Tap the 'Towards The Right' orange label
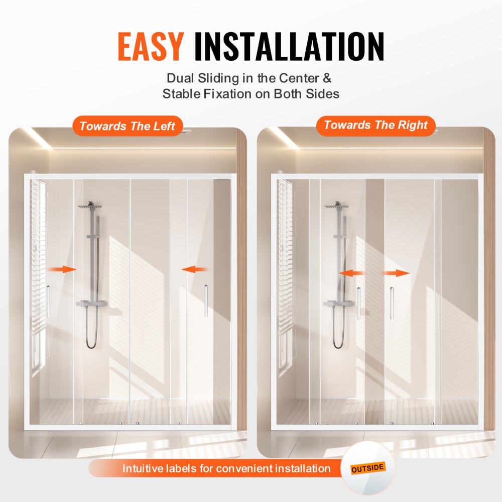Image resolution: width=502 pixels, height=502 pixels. [x=376, y=125]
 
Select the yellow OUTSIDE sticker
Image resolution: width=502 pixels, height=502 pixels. [x=368, y=468]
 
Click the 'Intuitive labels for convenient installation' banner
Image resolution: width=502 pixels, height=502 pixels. [x=226, y=469]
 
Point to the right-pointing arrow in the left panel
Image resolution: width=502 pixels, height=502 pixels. [x=62, y=270]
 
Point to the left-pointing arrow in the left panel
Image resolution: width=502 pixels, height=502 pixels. [x=195, y=270]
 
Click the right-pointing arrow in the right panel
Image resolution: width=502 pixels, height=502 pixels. [x=397, y=273]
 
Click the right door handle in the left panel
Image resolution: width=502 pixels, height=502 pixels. [x=206, y=300]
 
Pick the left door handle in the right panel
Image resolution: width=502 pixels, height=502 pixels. [x=358, y=303]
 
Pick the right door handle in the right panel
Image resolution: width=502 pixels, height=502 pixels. [x=392, y=303]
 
